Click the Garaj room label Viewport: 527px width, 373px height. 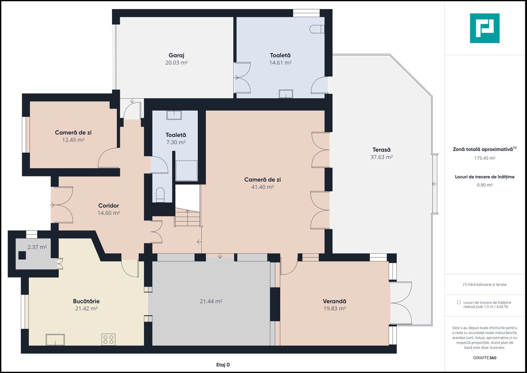coord(176,55)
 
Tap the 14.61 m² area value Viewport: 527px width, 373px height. coord(280,63)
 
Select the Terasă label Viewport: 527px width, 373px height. coord(381,150)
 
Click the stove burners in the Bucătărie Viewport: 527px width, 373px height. coord(108,339)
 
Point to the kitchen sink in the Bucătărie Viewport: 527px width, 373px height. coord(55,339)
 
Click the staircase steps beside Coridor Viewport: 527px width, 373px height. coord(187,218)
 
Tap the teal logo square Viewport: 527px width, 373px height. coord(485,28)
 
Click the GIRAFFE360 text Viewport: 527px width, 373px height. coord(485,358)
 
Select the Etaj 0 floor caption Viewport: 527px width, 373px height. coord(223,365)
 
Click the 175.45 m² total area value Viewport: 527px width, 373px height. coord(485,158)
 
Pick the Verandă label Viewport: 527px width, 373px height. coord(334,301)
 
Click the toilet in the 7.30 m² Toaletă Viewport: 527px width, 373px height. coord(160,195)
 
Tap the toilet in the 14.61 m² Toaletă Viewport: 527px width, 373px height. coord(317,29)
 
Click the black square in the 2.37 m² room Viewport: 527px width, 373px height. coord(22,255)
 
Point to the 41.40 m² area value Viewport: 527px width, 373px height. coord(262,187)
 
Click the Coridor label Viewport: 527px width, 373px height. coord(108,205)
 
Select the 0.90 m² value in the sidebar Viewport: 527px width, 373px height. coord(485,185)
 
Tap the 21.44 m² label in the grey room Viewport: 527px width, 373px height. coord(211,301)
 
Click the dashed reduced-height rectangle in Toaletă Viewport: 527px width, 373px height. coord(187,171)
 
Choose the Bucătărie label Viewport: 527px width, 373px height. coord(86,301)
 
